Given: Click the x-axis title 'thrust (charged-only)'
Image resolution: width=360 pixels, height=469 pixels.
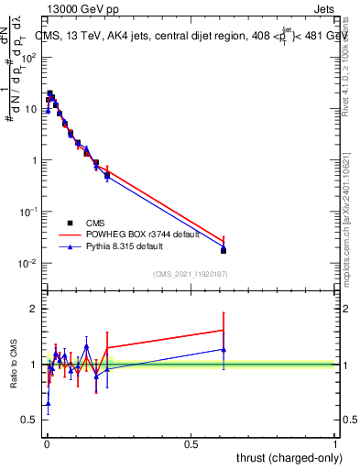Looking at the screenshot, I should (286, 457).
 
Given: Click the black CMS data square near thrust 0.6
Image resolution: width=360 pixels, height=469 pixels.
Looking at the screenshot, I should (224, 250).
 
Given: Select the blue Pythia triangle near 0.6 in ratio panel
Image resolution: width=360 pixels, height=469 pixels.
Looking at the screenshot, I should (224, 349).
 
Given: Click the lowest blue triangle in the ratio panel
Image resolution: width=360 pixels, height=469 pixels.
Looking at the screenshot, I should (48, 403).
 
